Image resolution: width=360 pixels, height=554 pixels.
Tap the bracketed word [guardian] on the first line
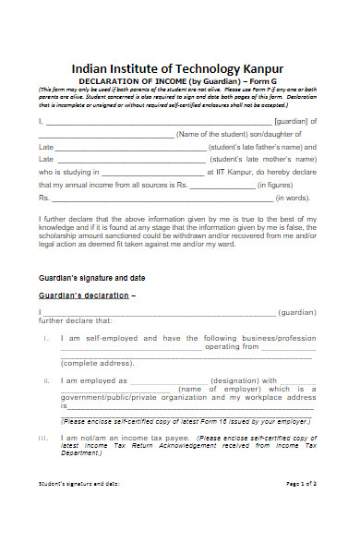(x=294, y=121)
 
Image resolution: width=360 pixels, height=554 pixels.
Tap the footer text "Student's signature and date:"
(x=78, y=509)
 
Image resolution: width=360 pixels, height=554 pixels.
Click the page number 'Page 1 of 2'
(x=302, y=509)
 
